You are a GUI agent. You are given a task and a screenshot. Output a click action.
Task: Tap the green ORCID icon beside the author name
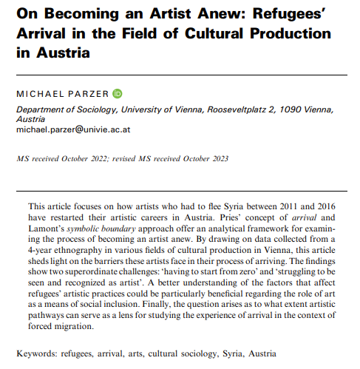coord(118,95)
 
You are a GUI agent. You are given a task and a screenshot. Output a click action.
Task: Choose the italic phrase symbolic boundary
coord(103,228)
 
